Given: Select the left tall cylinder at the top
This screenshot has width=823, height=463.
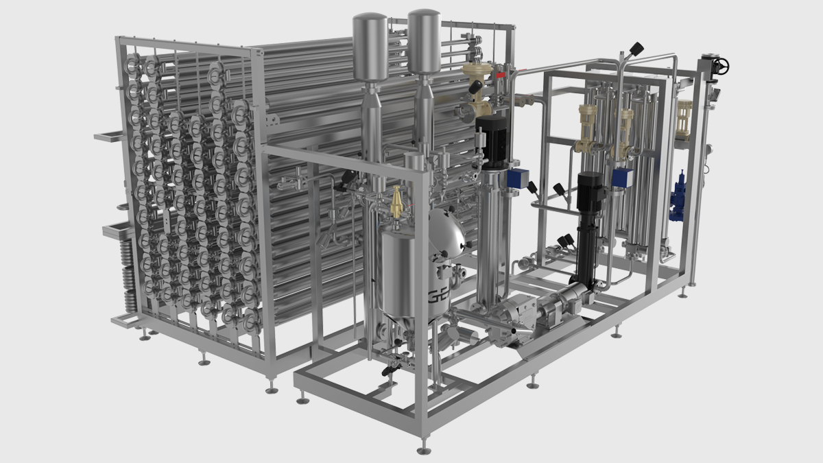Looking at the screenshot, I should [370, 45].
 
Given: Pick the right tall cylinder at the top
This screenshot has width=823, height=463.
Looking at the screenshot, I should [424, 40].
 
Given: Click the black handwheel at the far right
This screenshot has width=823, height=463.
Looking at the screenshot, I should [719, 67].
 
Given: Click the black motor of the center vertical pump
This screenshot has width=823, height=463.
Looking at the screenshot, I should [491, 140].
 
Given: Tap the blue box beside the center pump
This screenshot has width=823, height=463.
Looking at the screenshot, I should [515, 179].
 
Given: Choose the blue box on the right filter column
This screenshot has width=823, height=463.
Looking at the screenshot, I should [622, 178].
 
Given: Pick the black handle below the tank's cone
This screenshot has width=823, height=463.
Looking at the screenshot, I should [386, 370].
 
